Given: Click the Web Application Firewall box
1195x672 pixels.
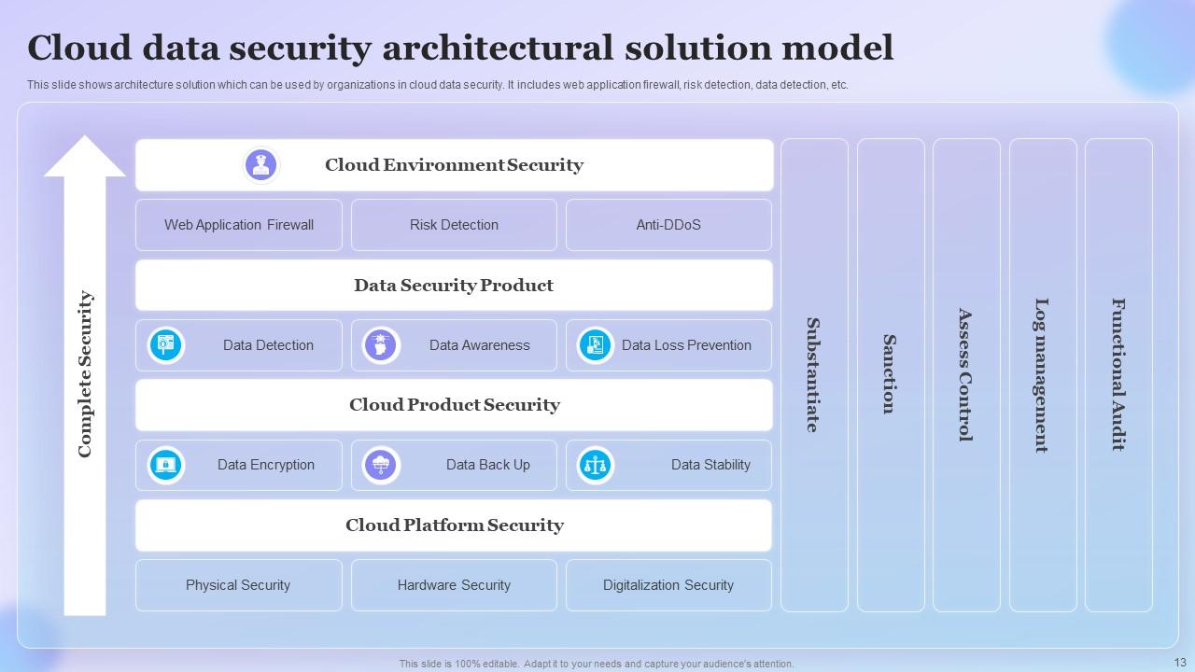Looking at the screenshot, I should point(239,225).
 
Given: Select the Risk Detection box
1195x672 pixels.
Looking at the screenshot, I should point(454,225).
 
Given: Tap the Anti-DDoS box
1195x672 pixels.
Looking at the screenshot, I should point(668,225).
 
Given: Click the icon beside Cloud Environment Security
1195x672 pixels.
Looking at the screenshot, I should point(260,165).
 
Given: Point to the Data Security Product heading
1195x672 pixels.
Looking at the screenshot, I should point(454,286).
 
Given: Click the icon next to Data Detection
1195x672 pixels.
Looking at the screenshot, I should point(166,345).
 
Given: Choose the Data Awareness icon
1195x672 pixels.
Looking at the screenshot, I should point(381,345).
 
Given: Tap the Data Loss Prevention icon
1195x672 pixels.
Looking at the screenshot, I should point(595,345).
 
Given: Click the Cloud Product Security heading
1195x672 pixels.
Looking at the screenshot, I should point(454,405).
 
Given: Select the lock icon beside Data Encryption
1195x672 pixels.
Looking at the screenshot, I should point(166,465).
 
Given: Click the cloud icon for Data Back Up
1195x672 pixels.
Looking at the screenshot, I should point(381,465).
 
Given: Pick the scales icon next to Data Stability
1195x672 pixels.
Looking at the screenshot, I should point(595,465).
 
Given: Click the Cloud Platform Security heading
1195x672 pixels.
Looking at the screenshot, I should point(454,525).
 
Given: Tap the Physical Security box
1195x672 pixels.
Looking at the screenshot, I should point(239,585).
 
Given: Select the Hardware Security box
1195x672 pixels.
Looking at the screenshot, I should point(454,585).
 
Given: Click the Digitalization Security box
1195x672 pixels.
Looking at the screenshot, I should point(668,585).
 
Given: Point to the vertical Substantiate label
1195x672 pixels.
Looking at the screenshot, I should point(813,375).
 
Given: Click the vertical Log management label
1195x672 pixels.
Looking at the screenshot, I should point(1042,375).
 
